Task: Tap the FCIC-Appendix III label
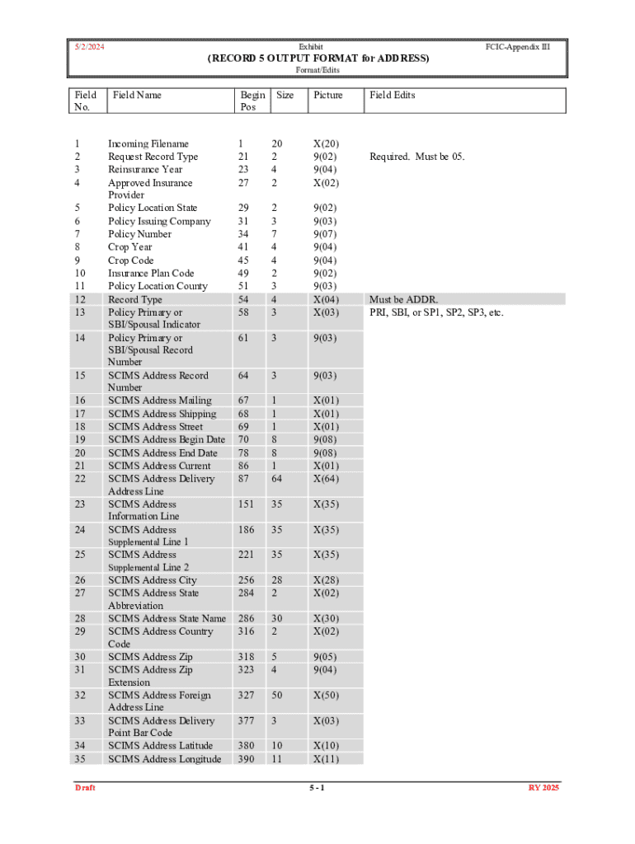(518, 48)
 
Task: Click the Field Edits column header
(393, 95)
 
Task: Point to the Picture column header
(328, 95)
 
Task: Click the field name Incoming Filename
(148, 143)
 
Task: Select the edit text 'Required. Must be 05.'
(417, 157)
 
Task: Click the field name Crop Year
(130, 247)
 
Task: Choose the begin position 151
(246, 504)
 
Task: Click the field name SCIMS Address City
(153, 580)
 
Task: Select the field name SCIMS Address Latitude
(160, 746)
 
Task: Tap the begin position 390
(246, 759)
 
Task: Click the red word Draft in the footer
(85, 788)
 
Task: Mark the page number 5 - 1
(317, 788)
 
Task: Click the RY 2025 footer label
(544, 788)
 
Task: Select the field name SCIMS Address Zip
(150, 657)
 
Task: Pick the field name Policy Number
(140, 234)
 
